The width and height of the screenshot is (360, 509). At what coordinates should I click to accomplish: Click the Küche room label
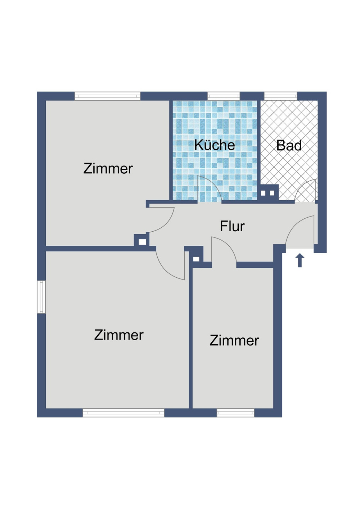click(x=215, y=145)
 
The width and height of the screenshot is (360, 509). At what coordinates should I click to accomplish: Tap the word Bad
click(x=289, y=146)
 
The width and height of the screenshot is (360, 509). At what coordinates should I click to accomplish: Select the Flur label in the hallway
click(x=232, y=227)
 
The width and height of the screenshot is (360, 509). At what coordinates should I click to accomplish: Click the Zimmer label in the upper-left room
click(x=108, y=168)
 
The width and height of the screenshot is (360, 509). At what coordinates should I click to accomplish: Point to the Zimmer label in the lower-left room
click(x=119, y=335)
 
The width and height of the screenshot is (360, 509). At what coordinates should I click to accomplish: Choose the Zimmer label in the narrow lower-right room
click(x=234, y=341)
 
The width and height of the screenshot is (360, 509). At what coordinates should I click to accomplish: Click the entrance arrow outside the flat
click(x=300, y=260)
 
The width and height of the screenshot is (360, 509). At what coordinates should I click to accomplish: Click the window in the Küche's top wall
click(x=224, y=96)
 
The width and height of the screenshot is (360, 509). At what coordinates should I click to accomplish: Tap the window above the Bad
click(x=280, y=96)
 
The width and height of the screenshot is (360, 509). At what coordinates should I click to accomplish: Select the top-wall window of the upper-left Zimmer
click(x=107, y=96)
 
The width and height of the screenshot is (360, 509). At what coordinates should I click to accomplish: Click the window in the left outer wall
click(x=41, y=297)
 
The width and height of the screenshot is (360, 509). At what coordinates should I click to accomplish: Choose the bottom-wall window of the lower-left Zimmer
click(x=123, y=413)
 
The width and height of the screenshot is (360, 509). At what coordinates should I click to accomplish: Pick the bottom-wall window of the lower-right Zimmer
click(x=235, y=413)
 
